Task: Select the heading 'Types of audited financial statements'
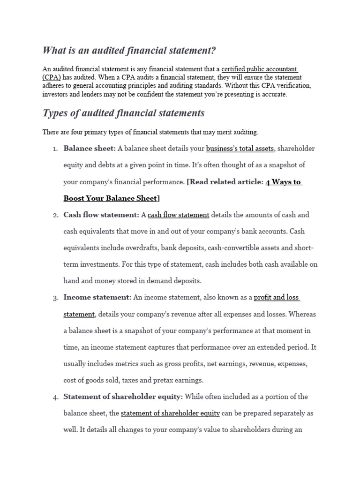point(123,113)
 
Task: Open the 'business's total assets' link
point(240,149)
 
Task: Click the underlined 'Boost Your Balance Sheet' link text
point(110,198)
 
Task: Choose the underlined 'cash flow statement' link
point(179,215)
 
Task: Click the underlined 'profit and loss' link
point(277,298)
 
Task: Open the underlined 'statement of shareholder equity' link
point(170,413)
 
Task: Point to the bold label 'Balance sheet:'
point(90,149)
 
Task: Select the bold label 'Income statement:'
point(97,298)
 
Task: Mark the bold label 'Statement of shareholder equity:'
point(123,397)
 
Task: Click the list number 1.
point(54,149)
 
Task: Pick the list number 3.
point(54,298)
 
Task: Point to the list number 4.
point(54,397)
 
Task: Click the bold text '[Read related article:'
point(225,182)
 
